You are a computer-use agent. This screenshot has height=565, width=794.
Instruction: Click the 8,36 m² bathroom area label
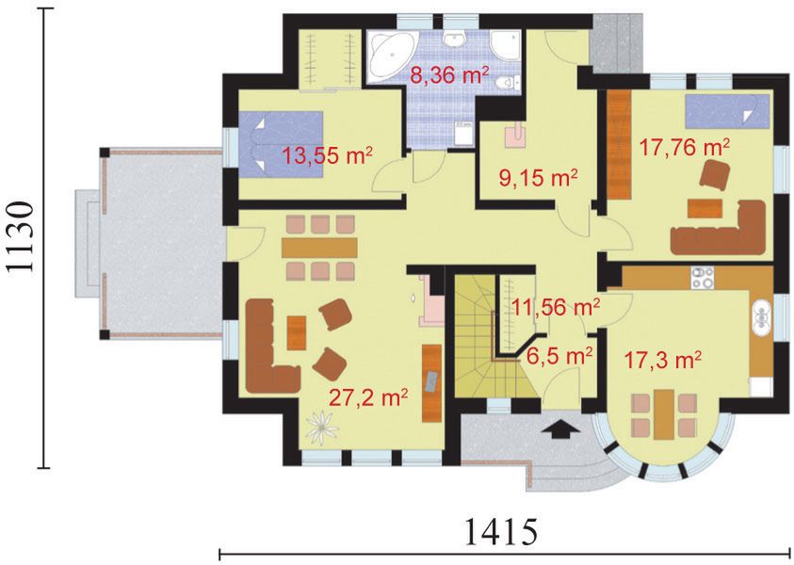(448, 75)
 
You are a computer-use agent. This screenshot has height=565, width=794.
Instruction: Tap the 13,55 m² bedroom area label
(327, 155)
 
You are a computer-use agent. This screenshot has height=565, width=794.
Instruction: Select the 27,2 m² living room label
(368, 398)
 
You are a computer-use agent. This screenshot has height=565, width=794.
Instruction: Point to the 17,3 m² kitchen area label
(662, 361)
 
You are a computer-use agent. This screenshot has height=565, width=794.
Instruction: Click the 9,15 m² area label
(538, 178)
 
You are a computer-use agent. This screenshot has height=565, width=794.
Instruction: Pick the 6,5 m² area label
(559, 356)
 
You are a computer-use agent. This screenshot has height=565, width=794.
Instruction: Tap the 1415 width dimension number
(500, 531)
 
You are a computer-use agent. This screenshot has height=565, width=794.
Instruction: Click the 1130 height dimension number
(22, 238)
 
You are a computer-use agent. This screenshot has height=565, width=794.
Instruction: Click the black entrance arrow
(560, 428)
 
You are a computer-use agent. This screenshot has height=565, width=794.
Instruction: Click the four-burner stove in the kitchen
(703, 278)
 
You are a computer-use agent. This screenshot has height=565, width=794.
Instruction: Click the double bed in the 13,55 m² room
(281, 144)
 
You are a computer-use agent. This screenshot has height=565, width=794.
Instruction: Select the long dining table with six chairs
(319, 248)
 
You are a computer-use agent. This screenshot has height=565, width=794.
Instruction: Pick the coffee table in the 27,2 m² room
(297, 332)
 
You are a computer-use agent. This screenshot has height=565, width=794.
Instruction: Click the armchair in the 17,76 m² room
(715, 174)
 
